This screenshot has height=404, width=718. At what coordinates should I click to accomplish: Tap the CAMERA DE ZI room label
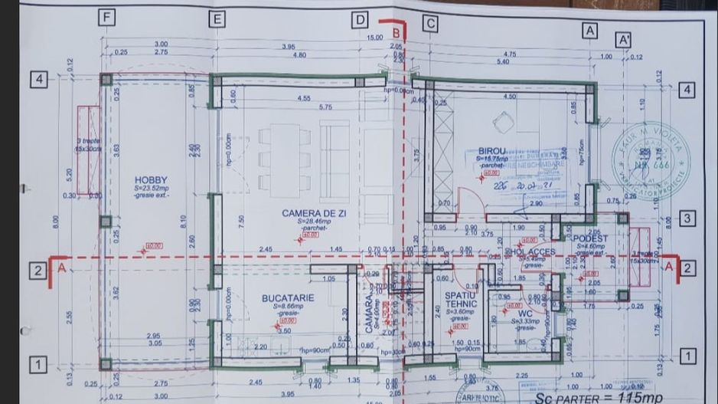[314, 213]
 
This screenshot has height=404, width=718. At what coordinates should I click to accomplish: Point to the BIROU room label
[492, 151]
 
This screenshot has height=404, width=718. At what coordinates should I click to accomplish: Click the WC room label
[524, 313]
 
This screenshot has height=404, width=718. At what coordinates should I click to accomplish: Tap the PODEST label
[590, 238]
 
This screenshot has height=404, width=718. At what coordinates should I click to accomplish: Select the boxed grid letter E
[218, 19]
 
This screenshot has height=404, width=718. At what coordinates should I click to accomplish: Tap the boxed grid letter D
[361, 21]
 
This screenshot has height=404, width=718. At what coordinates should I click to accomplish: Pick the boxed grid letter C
[430, 24]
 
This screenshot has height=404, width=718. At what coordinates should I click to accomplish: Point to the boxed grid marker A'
[623, 39]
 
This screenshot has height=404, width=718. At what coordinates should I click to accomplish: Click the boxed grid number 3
[687, 218]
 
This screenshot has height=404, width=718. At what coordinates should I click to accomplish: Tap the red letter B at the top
[396, 33]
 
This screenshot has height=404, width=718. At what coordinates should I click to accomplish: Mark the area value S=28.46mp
[314, 222]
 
